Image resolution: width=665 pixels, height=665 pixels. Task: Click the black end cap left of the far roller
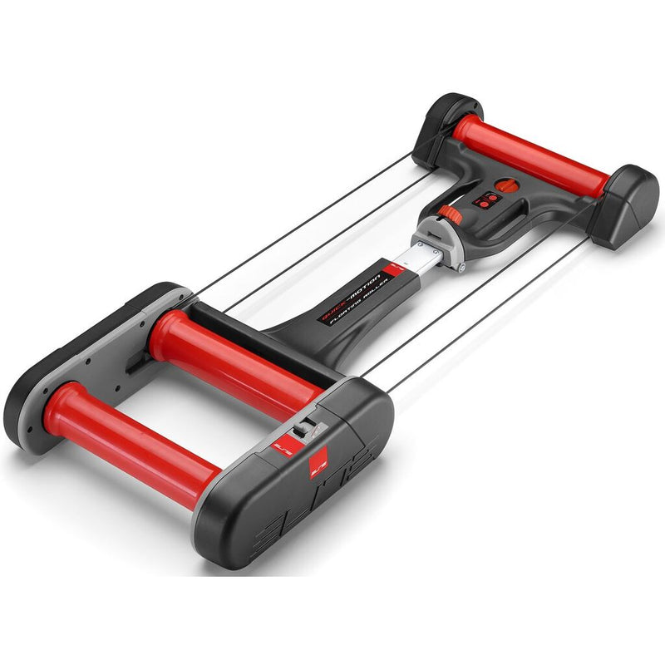pos(445,125)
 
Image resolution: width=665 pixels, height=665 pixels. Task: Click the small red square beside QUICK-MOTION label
pos(396,271)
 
